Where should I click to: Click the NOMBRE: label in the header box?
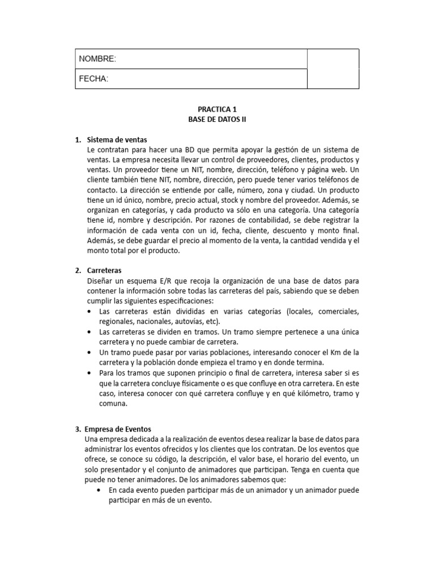(x=97, y=59)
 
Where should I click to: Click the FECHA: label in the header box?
(x=93, y=79)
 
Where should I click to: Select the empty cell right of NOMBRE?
(x=332, y=59)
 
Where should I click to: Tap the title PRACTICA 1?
(x=217, y=109)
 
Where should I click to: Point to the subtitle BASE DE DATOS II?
(x=217, y=120)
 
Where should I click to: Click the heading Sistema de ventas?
(x=117, y=139)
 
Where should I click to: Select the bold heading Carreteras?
(x=105, y=271)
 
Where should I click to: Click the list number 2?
(x=78, y=271)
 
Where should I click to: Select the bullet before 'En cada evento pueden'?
(x=100, y=490)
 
